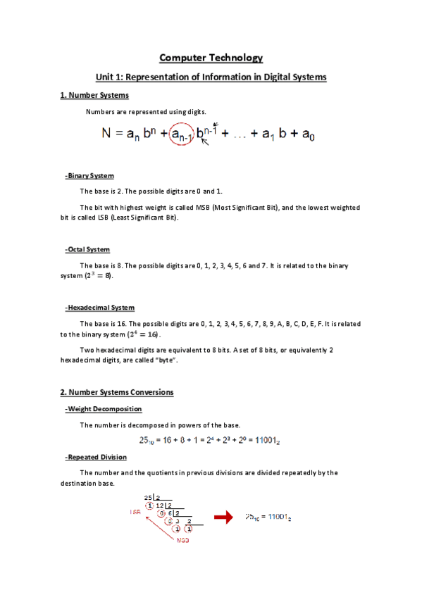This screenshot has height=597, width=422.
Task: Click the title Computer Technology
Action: pyautogui.click(x=211, y=58)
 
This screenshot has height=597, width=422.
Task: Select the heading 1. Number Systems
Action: pyautogui.click(x=94, y=95)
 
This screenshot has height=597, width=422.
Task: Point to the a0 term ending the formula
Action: pyautogui.click(x=308, y=134)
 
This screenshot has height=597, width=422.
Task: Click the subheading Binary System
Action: pyautogui.click(x=89, y=175)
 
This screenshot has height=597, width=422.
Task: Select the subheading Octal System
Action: pyautogui.click(x=87, y=249)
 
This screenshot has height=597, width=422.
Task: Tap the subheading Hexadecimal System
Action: pyautogui.click(x=99, y=308)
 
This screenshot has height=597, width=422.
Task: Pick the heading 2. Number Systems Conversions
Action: pyautogui.click(x=116, y=391)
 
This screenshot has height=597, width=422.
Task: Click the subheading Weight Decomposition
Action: pyautogui.click(x=103, y=409)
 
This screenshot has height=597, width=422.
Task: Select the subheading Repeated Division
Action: pyautogui.click(x=96, y=457)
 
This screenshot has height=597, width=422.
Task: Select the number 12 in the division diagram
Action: pyautogui.click(x=160, y=505)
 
